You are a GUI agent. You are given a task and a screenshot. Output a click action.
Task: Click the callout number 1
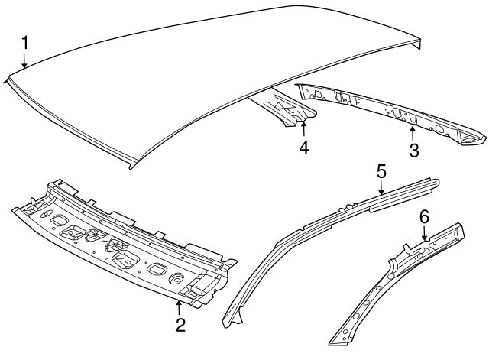[25, 41]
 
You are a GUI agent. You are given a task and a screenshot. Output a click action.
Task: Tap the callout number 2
[180, 325]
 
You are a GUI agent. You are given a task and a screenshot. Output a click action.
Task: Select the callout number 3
[413, 150]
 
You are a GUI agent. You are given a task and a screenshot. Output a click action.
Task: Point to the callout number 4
[304, 148]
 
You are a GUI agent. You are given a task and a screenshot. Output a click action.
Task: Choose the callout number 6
[425, 218]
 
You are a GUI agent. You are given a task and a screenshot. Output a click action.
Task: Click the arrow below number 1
[25, 60]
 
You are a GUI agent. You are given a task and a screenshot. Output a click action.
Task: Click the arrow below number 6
[425, 236]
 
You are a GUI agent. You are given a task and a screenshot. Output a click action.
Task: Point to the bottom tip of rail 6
[334, 341]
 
